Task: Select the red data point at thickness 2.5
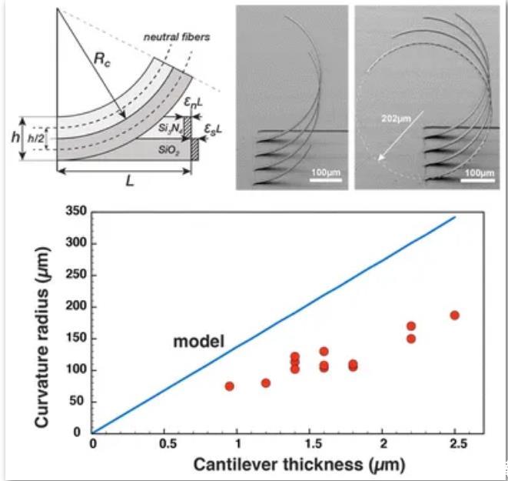[455, 315]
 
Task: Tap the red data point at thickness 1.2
[266, 382]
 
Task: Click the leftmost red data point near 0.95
[229, 386]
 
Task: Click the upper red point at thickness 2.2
[411, 326]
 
